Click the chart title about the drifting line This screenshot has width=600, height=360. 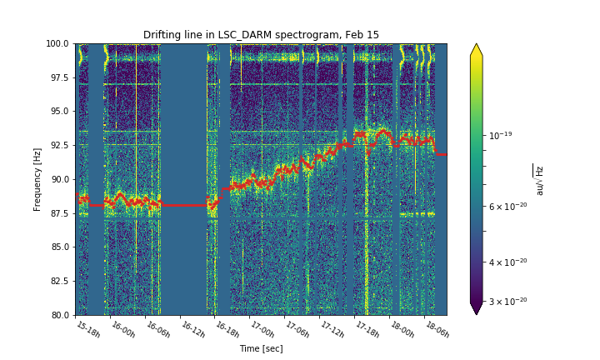coord(261,35)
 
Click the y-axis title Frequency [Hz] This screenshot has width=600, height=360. coord(37,179)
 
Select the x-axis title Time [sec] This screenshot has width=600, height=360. coord(261,348)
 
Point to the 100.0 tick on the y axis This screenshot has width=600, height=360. coord(57,43)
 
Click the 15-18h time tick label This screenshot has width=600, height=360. coord(87,329)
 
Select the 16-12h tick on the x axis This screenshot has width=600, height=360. coord(192,329)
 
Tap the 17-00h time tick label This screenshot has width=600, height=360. coord(262,329)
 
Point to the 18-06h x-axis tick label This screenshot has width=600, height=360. coord(437,329)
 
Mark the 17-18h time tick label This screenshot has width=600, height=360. coord(367,329)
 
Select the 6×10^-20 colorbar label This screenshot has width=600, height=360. coord(507,207)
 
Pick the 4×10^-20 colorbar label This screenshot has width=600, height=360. coord(507,262)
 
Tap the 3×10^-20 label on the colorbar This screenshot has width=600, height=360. coord(507,301)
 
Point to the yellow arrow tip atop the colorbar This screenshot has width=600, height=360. coord(477,50)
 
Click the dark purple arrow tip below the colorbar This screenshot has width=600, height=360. coord(477,308)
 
